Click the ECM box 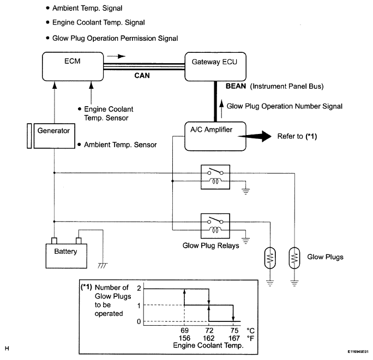tap(73, 66)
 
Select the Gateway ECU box tap(215, 66)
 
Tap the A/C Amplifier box tap(215, 136)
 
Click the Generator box tap(54, 136)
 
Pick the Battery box tap(67, 256)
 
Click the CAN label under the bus tap(142, 76)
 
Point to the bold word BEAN tap(236, 86)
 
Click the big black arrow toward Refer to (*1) tap(255, 136)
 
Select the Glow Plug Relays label tap(210, 246)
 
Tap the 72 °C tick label tap(209, 330)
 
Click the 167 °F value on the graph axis tap(234, 338)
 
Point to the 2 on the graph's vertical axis tap(139, 288)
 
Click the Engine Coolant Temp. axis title tap(208, 345)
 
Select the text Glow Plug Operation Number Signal tap(285, 106)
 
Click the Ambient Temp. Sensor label tap(121, 145)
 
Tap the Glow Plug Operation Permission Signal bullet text tap(115, 38)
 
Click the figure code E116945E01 tap(358, 352)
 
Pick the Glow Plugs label tap(325, 257)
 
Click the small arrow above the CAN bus tap(116, 56)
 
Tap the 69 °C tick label tap(185, 330)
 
